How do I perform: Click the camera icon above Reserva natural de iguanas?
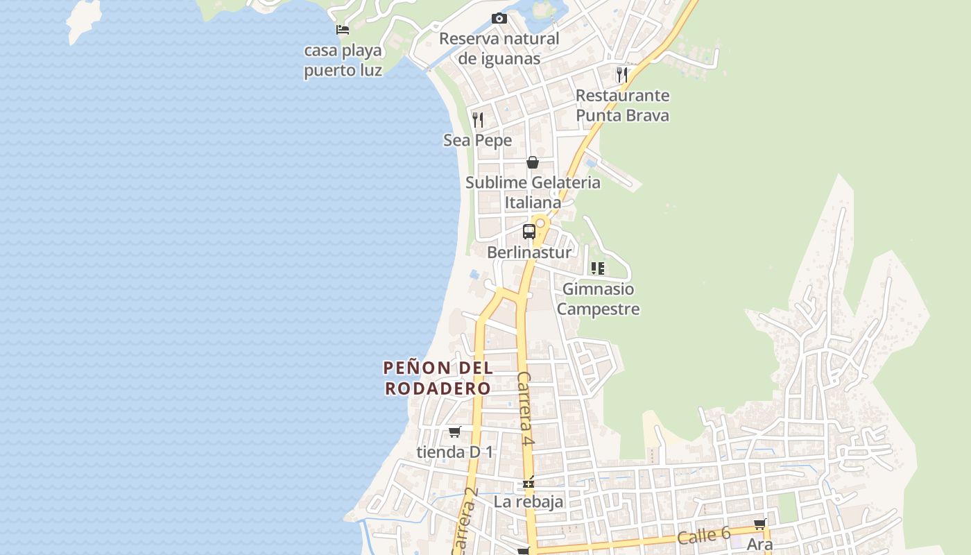tap(499, 19)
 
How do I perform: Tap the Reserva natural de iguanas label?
tap(499, 49)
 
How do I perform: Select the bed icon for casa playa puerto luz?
tap(343, 30)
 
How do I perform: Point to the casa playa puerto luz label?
tap(343, 60)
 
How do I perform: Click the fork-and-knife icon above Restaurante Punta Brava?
tap(622, 74)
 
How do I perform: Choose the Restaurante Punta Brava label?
tap(622, 105)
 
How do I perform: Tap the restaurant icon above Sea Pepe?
tap(477, 120)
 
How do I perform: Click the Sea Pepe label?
tap(477, 140)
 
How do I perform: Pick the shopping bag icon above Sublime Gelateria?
tap(533, 162)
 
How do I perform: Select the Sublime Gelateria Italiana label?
tap(533, 192)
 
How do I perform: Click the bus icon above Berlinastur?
tap(529, 232)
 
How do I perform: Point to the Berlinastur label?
tap(529, 252)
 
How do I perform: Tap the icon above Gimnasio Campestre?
tap(598, 268)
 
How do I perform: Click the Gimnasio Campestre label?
tap(598, 298)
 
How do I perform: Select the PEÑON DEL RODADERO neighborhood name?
tap(438, 378)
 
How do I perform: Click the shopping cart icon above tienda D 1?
tap(455, 432)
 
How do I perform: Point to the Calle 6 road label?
tap(703, 535)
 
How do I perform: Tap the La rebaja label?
tap(529, 501)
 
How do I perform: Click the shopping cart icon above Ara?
tap(760, 524)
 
